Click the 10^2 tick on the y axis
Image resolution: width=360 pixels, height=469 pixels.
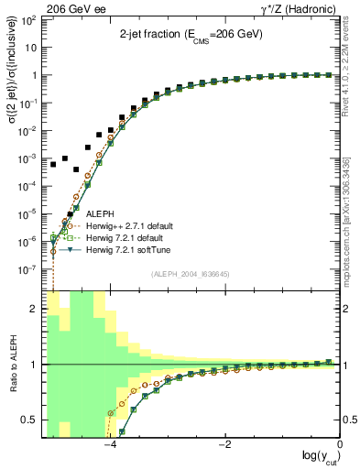coord(31,19)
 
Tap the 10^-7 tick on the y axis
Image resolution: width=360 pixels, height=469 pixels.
coord(31,270)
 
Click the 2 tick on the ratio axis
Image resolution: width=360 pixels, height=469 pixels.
coord(35,309)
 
